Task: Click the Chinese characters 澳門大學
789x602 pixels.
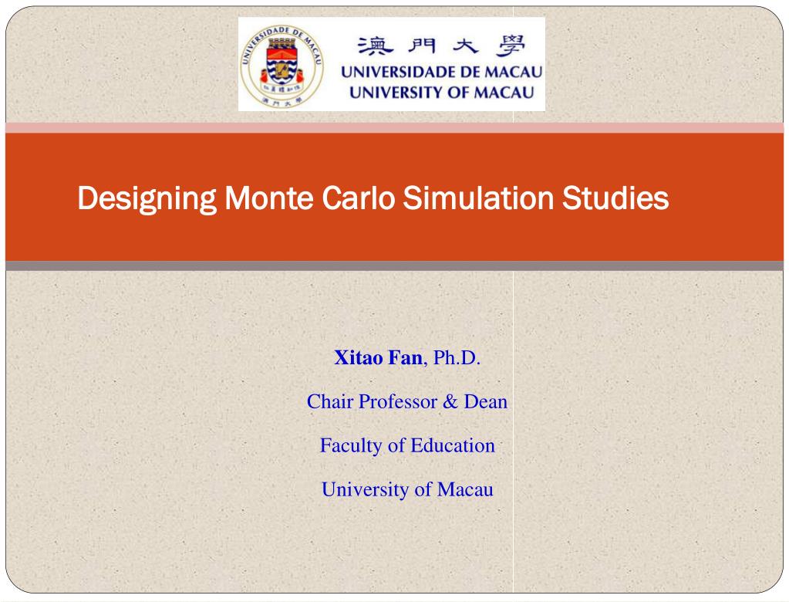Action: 441,46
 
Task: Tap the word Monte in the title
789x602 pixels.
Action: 268,198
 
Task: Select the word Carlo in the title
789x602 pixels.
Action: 359,198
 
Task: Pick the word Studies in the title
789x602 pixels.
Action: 615,198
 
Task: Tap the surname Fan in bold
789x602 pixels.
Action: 405,357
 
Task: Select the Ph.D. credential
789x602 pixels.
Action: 457,357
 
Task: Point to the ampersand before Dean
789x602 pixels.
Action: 450,401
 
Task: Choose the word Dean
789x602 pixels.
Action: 486,401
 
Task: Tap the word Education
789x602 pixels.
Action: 453,445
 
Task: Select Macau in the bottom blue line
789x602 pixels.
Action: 465,489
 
